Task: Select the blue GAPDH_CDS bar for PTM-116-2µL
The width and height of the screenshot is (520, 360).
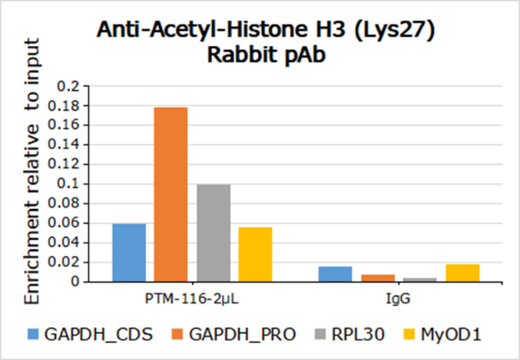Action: point(129,252)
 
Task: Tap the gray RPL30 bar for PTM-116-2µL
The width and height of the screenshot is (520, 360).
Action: point(213,232)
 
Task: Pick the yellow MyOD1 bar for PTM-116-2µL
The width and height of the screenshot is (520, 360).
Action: point(255,254)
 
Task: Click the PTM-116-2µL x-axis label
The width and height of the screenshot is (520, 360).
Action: point(192,297)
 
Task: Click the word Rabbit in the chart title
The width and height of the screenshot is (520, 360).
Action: point(237,56)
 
